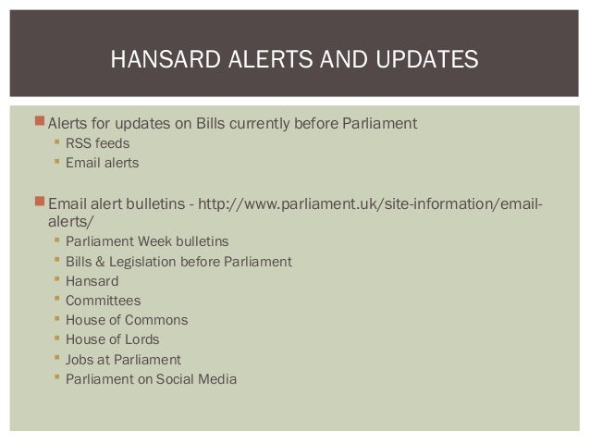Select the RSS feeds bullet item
tap(98, 143)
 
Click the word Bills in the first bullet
tap(214, 123)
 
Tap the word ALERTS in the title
tap(268, 62)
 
